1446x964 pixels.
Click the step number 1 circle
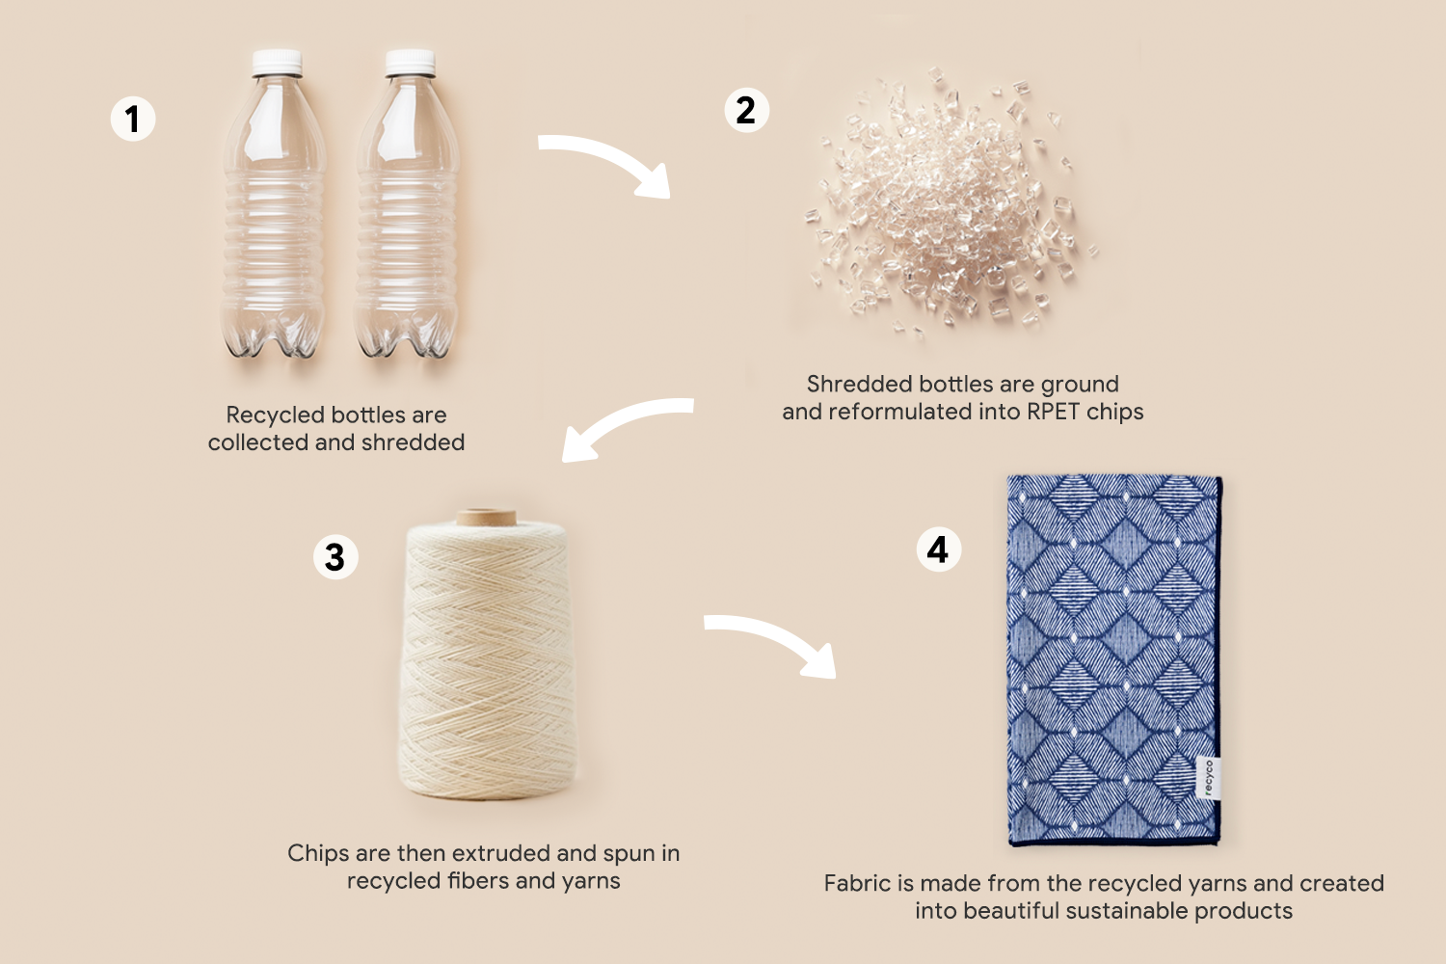coord(133,119)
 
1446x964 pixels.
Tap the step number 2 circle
coord(746,111)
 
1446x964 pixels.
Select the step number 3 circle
coord(335,556)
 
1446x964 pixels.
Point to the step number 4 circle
coord(939,549)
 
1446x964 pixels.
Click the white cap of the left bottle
coord(277,63)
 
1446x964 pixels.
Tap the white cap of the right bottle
coord(410,63)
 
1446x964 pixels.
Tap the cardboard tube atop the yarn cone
coord(486,518)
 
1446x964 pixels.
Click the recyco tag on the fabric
coord(1209,777)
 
